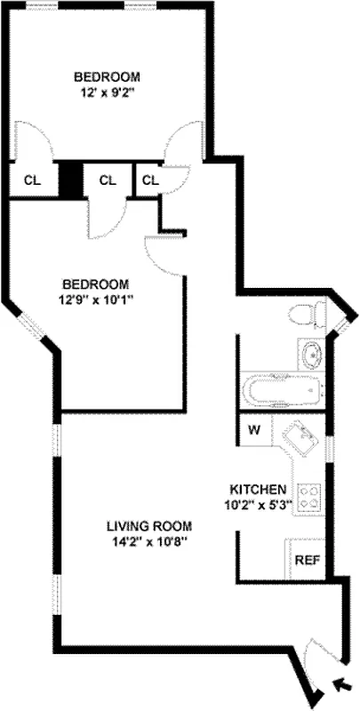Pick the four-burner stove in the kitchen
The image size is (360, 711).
click(x=309, y=496)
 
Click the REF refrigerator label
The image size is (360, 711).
click(x=307, y=561)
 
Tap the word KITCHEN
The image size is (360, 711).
click(x=258, y=490)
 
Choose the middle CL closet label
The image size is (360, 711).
click(x=108, y=180)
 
